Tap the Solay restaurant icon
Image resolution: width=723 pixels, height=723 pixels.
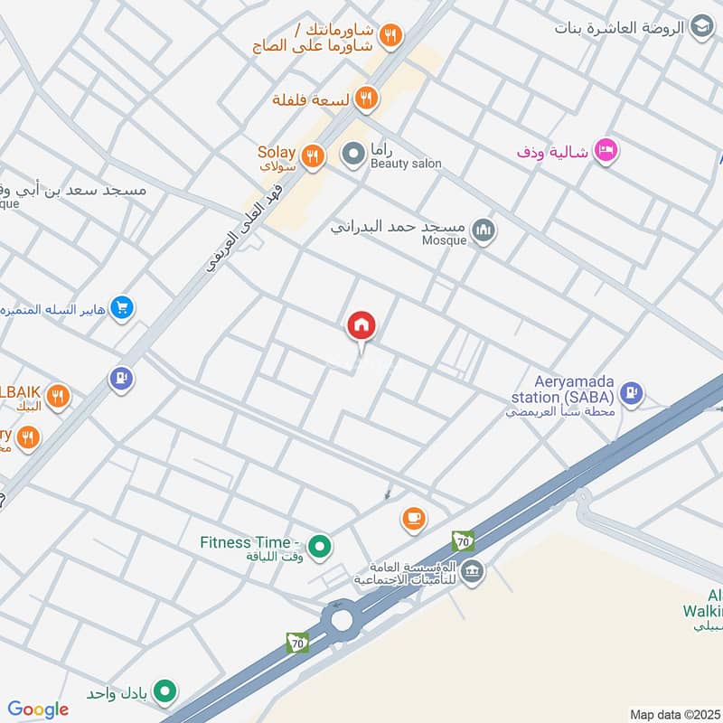coord(313,156)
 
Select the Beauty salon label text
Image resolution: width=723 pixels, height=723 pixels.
coord(406,164)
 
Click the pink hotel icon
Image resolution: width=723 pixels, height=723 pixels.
coord(606,150)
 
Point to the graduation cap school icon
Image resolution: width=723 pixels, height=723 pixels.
coord(701,28)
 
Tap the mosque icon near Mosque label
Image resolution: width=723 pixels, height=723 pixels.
coord(484,231)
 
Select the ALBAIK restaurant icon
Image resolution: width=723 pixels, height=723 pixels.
coord(58,396)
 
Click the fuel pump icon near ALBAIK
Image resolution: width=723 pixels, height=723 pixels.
coord(121,379)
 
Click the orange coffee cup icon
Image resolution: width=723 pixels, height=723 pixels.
coord(414,519)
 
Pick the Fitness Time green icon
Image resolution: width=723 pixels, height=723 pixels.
coord(318,546)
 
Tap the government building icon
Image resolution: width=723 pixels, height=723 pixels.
coord(473,571)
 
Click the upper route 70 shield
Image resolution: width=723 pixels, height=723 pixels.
coord(463,541)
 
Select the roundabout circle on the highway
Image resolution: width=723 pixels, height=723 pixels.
coord(342,619)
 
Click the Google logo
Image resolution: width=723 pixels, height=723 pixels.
coord(38,709)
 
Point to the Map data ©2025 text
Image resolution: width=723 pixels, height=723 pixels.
coord(674,714)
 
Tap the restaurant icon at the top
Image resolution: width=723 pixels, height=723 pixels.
coord(390,36)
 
